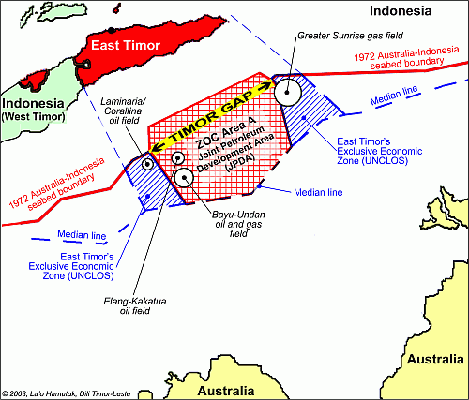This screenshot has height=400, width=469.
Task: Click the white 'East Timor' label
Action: [x=133, y=48]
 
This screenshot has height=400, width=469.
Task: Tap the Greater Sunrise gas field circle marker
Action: [x=289, y=92]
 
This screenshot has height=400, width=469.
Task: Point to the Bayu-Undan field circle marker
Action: [x=184, y=176]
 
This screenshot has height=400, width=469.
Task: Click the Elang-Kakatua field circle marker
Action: [x=176, y=158]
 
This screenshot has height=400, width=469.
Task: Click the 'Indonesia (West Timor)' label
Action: [x=33, y=109]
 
